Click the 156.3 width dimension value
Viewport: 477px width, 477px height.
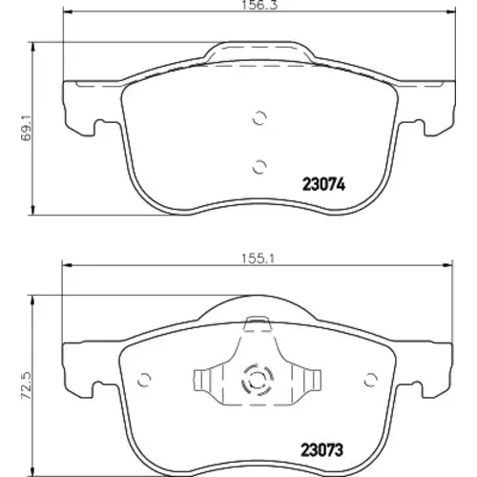pos(259,5)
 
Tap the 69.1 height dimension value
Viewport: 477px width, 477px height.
pos(26,128)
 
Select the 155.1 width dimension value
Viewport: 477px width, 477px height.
pos(258,259)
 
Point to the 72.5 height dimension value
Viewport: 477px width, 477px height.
pos(26,385)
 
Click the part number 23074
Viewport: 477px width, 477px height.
pos(323,184)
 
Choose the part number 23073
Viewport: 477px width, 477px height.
pos(322,450)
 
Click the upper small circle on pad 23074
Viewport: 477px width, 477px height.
pos(259,118)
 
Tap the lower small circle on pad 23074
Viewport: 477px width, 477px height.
pos(259,167)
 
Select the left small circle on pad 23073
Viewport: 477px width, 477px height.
pos(144,380)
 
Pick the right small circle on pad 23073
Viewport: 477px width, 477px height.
pos(370,380)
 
